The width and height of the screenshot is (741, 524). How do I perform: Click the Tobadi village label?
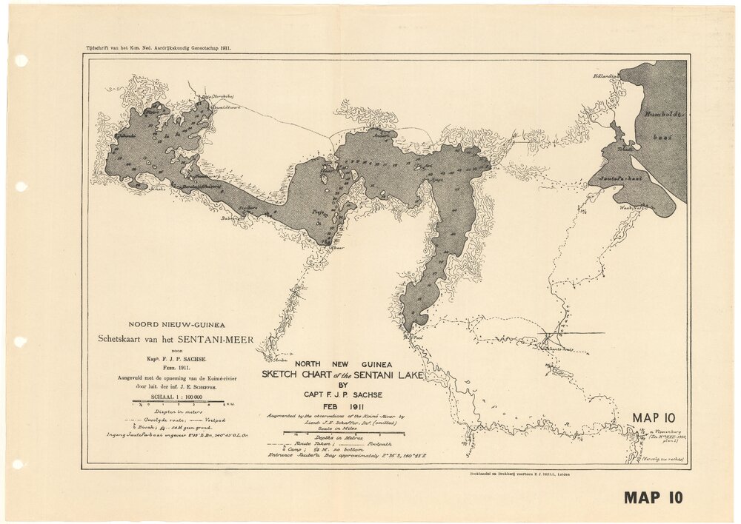coord(627,148)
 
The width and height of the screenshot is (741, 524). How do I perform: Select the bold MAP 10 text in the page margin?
coord(653,497)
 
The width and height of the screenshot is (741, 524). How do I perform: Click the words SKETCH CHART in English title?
coord(300,374)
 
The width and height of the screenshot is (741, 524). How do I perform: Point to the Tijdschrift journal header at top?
coord(149,47)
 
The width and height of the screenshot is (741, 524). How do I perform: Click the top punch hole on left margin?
coord(21,61)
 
